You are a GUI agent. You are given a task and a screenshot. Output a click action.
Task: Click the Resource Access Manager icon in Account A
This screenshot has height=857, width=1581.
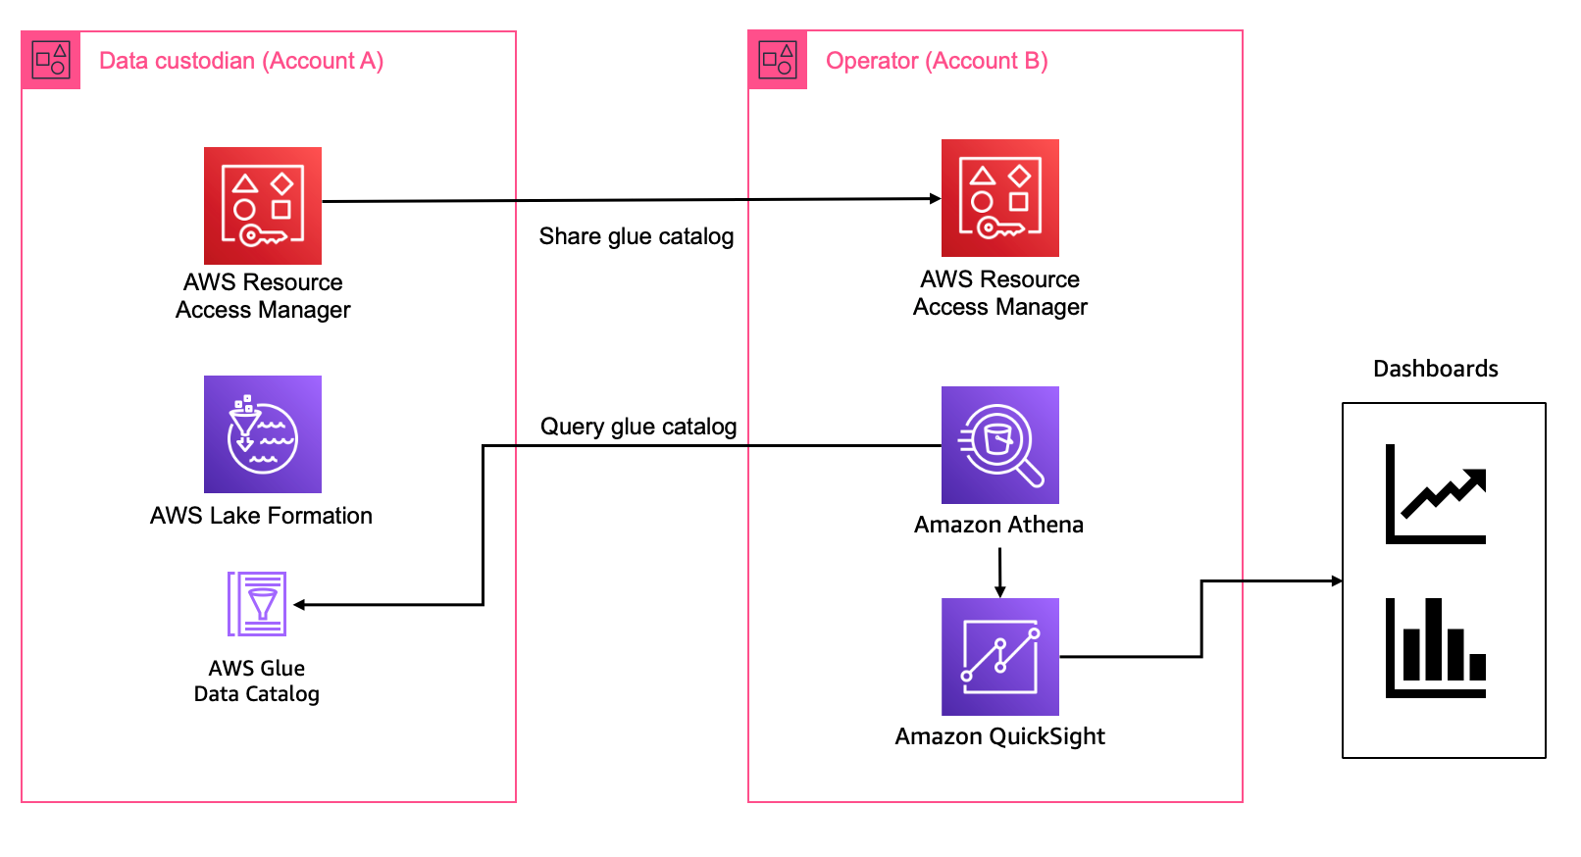coord(262,205)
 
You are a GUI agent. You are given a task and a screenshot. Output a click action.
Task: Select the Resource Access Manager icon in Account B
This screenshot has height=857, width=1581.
coord(999,197)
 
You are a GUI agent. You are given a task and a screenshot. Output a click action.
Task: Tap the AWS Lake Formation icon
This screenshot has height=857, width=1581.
coord(262,433)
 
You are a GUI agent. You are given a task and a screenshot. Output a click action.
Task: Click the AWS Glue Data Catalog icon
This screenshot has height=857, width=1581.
coord(257,604)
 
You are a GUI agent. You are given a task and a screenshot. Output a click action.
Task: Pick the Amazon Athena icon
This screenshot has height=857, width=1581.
coord(999,444)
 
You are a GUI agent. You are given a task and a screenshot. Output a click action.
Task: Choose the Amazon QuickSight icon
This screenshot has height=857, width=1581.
coord(999,656)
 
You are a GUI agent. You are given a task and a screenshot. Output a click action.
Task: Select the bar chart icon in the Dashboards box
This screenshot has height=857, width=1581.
coord(1436,648)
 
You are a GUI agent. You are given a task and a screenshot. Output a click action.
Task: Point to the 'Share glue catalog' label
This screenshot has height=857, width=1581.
coord(636,236)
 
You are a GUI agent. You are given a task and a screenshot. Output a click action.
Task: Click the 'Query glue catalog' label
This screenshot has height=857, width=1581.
coord(637,427)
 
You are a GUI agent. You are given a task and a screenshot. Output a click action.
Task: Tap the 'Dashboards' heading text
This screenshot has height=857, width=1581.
coord(1435,369)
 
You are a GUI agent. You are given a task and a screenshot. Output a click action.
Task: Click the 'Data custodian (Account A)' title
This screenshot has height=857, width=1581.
coord(241,61)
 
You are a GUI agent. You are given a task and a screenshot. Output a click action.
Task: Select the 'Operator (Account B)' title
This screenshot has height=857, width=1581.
coord(937,61)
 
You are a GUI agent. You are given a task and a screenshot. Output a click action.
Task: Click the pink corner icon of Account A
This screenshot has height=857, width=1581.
coord(51,60)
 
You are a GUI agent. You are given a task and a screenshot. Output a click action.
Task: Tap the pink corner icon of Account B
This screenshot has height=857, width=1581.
coord(778,60)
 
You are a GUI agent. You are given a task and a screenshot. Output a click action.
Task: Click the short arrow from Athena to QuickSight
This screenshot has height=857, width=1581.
coord(999,572)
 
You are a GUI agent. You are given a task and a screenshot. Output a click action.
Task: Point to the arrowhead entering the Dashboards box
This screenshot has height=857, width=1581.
coord(1336,580)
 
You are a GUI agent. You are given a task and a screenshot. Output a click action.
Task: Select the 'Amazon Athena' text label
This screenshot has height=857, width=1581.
coord(998,525)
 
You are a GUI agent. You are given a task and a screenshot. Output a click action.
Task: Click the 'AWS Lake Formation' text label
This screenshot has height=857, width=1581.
coord(261,516)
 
